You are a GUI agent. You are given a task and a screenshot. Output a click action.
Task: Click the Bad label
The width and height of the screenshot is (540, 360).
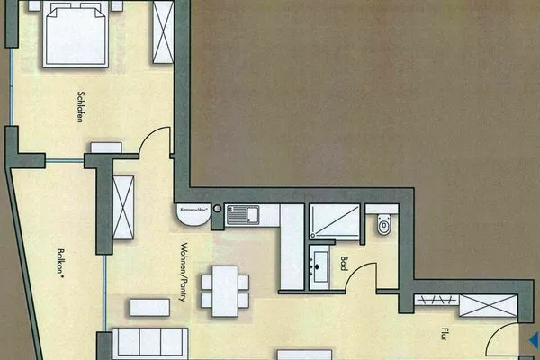[345, 265]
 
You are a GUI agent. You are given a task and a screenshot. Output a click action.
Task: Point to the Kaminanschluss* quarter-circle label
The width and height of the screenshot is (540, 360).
[193, 213]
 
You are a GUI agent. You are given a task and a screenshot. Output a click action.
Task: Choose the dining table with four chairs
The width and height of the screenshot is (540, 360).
[220, 289]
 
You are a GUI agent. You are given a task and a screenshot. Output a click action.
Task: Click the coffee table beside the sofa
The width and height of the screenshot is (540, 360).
[149, 307]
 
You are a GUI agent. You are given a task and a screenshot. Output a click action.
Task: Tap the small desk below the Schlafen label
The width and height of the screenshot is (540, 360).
[106, 147]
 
